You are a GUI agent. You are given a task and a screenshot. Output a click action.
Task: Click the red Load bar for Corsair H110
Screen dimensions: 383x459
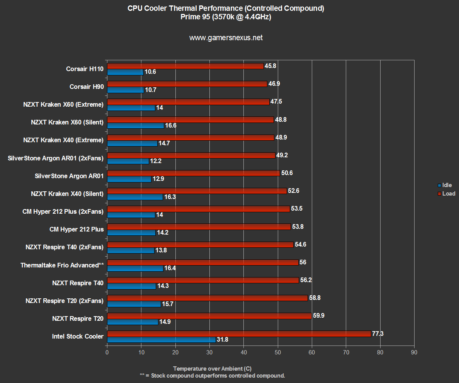[185, 66]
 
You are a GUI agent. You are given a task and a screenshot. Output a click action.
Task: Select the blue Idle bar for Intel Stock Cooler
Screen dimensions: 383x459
[161, 340]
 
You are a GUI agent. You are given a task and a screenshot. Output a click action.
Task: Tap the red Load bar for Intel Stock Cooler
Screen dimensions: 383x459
[239, 334]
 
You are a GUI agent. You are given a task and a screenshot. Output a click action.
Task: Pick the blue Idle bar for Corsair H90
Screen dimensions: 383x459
[125, 90]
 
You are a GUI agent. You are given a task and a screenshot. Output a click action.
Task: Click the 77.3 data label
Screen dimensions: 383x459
[377, 334]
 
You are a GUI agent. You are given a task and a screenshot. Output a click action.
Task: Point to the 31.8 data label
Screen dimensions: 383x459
[223, 340]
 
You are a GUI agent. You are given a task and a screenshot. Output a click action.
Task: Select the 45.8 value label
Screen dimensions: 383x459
[270, 66]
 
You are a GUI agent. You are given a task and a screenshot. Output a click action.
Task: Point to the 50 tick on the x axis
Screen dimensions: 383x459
[278, 352]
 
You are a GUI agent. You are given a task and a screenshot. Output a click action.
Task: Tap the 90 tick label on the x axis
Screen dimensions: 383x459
[414, 352]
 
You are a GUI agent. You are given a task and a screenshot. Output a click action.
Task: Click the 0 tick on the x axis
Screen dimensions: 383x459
[107, 352]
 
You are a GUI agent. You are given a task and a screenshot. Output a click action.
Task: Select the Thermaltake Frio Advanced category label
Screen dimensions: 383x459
[62, 265]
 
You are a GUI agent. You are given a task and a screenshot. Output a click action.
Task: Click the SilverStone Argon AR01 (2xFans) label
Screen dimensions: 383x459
[56, 158]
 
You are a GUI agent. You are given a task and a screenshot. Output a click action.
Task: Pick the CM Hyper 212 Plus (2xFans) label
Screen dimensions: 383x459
[63, 211]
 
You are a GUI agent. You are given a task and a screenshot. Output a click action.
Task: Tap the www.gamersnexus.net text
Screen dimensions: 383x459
[226, 38]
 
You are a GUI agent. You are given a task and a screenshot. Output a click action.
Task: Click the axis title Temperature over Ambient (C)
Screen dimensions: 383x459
[212, 368]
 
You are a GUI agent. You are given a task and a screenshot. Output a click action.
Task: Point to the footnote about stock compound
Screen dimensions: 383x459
[212, 375]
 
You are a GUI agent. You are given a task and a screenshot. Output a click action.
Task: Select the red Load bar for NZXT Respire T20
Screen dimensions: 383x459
[209, 316]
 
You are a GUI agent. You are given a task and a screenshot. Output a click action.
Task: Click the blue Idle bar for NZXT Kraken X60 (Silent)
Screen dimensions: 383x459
[135, 126]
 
